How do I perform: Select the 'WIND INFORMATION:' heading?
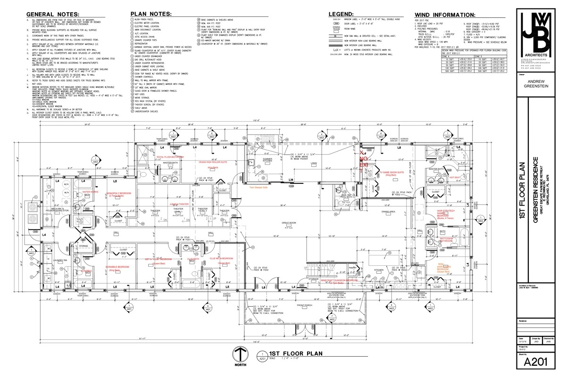tap(444, 15)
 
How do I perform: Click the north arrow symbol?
tap(241, 355)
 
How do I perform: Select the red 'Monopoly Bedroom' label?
tap(119, 193)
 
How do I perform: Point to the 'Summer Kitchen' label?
tap(267, 160)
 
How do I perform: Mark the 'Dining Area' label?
tap(389, 212)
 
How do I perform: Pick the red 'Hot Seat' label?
tap(455, 178)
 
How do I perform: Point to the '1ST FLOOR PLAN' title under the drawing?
tap(289, 353)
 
